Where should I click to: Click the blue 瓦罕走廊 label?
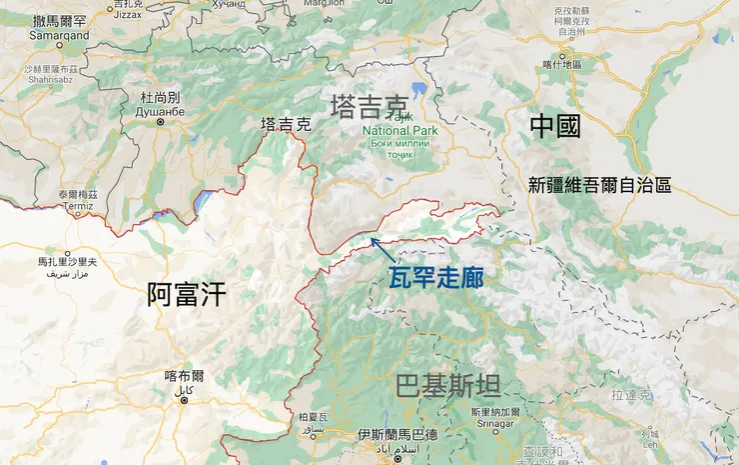coord(435,277)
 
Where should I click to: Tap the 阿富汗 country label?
coord(187,293)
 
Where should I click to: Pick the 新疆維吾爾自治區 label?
coord(599,185)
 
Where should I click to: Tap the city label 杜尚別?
coord(160,98)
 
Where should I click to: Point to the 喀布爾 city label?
coord(185,376)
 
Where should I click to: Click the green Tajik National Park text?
coord(399,130)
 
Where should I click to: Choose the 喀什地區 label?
coord(560,66)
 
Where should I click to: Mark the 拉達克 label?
coord(632,395)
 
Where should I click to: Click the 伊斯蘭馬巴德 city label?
coord(396,436)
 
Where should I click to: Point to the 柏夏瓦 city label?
coord(313,416)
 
